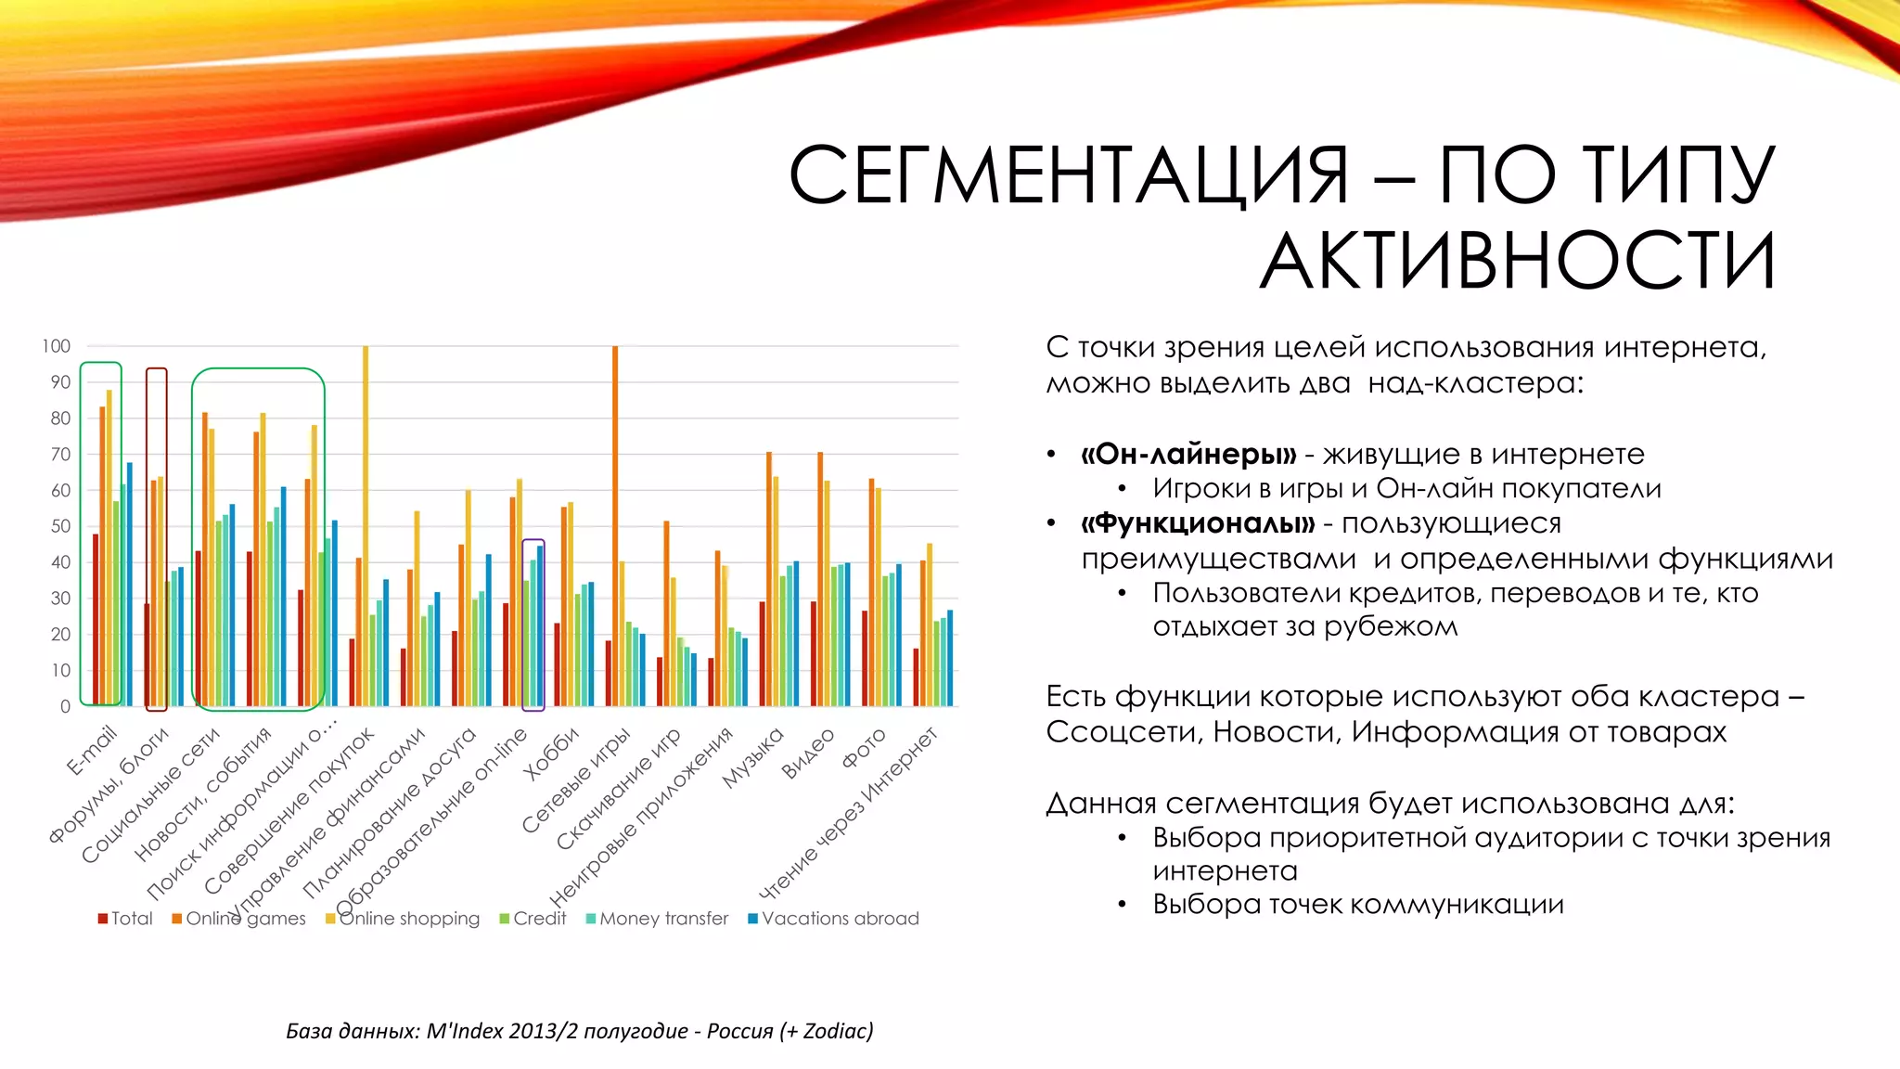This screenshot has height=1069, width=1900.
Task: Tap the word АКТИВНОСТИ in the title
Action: click(x=1518, y=262)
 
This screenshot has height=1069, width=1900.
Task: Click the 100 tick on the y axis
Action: click(x=56, y=346)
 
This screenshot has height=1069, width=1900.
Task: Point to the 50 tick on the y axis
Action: click(x=60, y=526)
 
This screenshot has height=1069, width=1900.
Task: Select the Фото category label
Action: click(x=864, y=748)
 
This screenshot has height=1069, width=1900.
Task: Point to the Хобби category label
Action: click(x=550, y=753)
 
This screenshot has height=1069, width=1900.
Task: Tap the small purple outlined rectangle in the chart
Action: click(x=533, y=625)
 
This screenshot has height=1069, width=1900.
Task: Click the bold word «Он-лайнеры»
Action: click(x=1188, y=454)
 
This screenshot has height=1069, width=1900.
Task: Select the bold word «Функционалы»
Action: click(x=1198, y=523)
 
